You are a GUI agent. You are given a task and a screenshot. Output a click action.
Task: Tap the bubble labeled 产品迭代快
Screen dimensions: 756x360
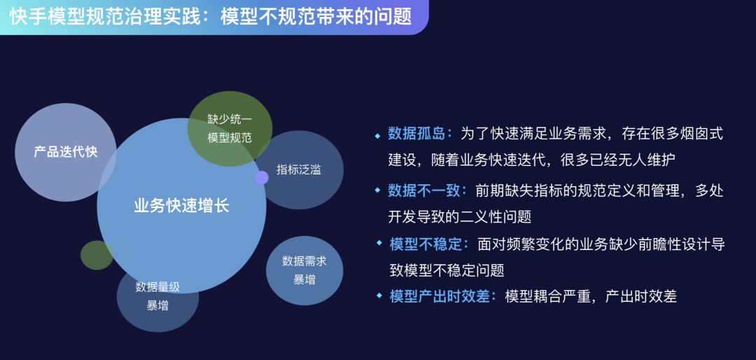pyautogui.click(x=66, y=152)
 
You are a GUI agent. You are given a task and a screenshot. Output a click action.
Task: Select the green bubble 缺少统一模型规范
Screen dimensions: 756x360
pyautogui.click(x=230, y=128)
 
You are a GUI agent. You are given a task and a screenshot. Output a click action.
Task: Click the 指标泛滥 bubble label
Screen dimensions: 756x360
pyautogui.click(x=299, y=170)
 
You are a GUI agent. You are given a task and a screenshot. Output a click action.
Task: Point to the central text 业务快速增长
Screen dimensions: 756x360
pyautogui.click(x=181, y=206)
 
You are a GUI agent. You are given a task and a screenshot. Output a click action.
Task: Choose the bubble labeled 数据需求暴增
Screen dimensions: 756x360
pyautogui.click(x=304, y=270)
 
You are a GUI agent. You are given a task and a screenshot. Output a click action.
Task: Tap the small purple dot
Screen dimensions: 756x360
pyautogui.click(x=262, y=178)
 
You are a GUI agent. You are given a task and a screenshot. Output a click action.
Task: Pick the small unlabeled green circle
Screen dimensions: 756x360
pyautogui.click(x=97, y=255)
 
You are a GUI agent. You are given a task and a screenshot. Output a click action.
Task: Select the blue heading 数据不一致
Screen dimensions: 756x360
pyautogui.click(x=423, y=191)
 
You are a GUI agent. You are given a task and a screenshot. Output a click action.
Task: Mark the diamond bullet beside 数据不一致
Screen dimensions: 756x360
pyautogui.click(x=378, y=190)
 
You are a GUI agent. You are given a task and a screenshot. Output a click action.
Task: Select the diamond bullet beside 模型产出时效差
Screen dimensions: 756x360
pyautogui.click(x=379, y=295)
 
